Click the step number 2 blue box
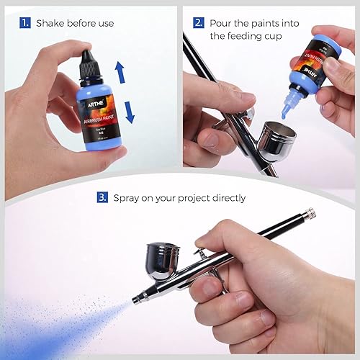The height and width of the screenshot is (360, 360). click(x=199, y=22)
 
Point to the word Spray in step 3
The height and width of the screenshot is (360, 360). click(x=128, y=197)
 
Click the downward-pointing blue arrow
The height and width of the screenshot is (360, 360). click(x=130, y=112)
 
